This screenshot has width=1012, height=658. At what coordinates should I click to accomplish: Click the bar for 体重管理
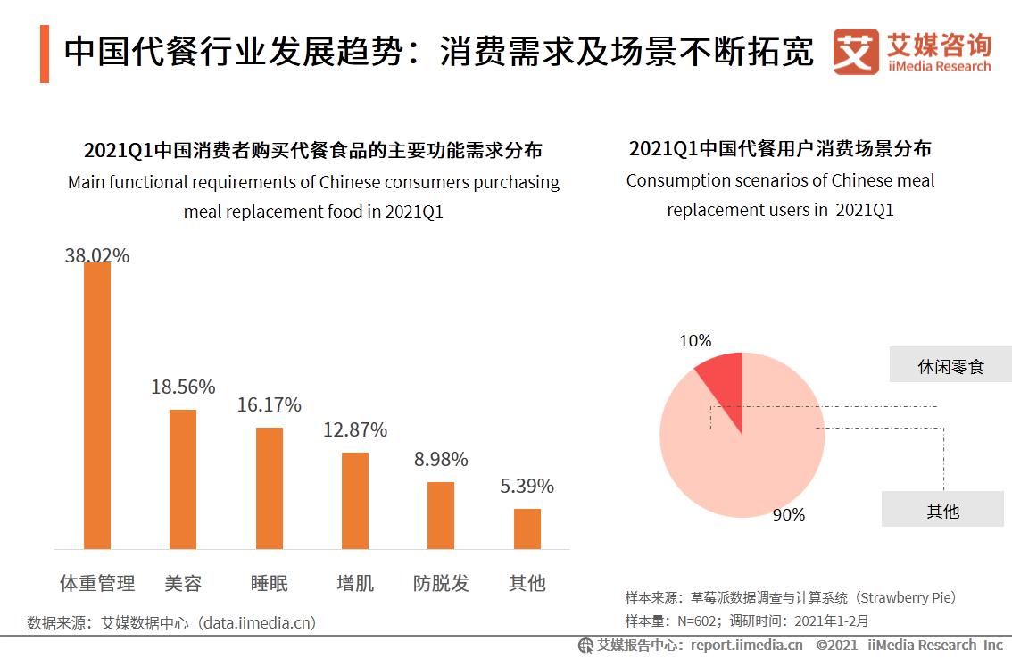point(97,406)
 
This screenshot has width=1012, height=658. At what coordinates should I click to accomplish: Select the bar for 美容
point(183,479)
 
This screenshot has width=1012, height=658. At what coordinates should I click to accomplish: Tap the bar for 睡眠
point(270,488)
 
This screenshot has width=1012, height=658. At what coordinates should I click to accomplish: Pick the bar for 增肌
point(355,501)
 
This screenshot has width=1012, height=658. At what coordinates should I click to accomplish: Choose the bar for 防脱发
point(441,515)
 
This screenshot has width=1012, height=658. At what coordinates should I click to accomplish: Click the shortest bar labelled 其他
point(527,529)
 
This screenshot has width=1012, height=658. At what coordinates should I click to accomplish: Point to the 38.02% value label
point(97,256)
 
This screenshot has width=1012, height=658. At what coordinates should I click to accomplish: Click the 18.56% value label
point(183,387)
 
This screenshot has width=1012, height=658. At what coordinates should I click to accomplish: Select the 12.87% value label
point(355,430)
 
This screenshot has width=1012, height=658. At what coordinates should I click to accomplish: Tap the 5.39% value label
point(527,487)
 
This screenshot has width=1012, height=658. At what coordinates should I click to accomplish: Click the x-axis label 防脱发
point(441,584)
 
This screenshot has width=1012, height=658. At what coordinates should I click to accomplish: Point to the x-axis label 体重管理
point(97,584)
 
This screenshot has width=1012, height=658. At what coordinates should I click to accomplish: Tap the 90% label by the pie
point(789,515)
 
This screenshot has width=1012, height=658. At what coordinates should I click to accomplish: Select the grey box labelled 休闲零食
point(950,365)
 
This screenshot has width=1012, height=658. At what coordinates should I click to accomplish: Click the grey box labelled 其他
point(942,510)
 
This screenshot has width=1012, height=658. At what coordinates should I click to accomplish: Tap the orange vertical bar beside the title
point(45,54)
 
